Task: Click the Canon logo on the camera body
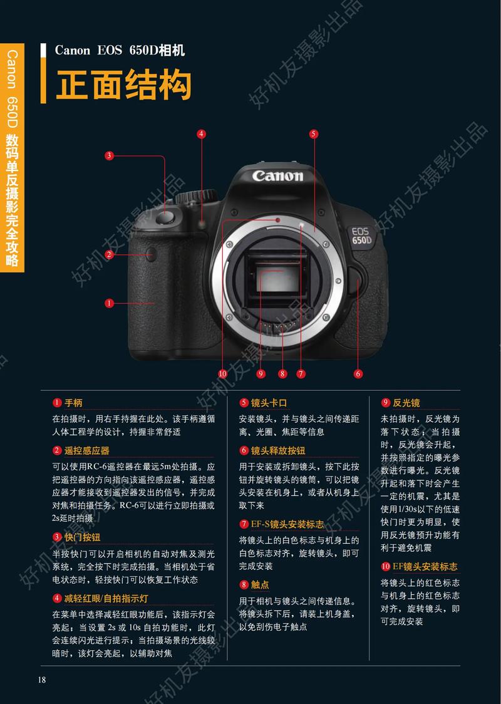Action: point(277,175)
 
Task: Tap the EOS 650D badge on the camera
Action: point(361,236)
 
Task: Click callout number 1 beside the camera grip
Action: point(109,303)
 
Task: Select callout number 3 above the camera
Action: point(109,155)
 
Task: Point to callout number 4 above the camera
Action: point(201,133)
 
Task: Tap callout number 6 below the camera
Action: point(358,374)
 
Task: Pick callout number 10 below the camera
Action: point(222,374)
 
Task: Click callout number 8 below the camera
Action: point(283,374)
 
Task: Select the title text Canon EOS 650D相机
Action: point(120,51)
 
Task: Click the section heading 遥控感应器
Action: point(86,450)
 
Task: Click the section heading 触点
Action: point(260,585)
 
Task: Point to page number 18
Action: point(42,680)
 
